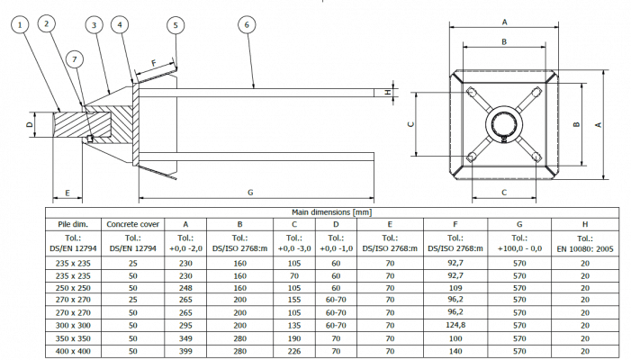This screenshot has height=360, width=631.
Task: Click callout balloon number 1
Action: pos(19,25)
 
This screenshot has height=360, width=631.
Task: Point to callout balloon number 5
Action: pos(175,25)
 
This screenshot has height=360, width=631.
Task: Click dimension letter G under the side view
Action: pos(250,193)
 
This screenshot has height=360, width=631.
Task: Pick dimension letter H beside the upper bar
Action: pos(388,92)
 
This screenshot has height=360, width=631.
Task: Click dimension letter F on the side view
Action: pos(154,64)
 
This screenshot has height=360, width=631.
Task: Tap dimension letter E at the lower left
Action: pos(67,192)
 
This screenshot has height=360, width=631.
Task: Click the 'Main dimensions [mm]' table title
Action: pos(331,211)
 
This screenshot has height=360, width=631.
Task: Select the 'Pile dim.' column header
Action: pos(73,223)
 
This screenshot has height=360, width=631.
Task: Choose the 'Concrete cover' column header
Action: pos(132,223)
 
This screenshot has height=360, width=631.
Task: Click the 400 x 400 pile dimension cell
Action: pos(73,352)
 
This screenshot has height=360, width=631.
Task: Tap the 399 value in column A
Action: pos(186,352)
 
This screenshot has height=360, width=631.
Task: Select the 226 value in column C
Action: pos(294,352)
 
